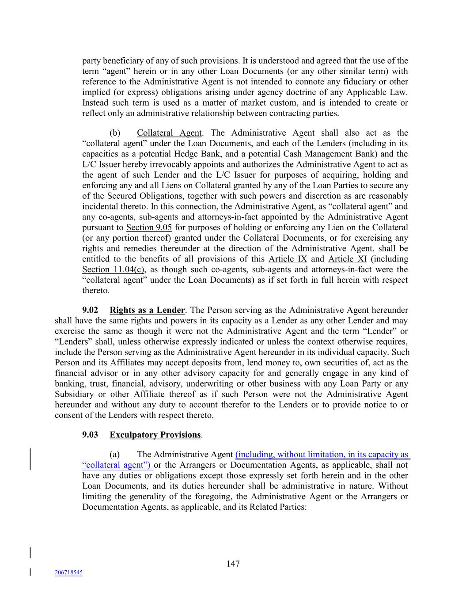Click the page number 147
[233, 564]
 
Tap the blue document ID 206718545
[68, 573]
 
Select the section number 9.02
[90, 310]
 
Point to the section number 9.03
[90, 435]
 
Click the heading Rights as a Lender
[147, 310]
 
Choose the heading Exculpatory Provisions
[155, 435]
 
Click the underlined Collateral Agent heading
[169, 133]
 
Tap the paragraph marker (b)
[115, 133]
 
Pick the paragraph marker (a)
[115, 455]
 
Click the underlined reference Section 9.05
[149, 228]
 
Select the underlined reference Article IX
[288, 259]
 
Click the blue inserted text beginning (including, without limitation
[322, 455]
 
